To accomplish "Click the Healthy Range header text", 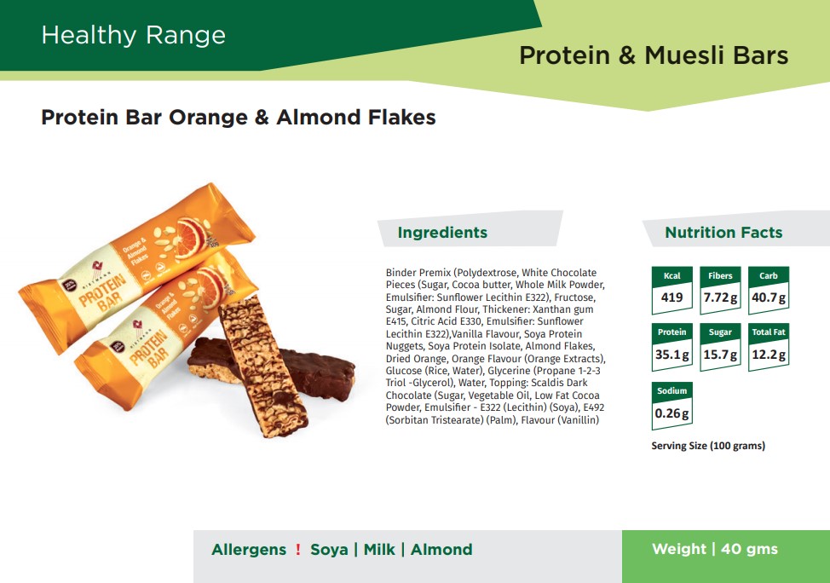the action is coord(134,36).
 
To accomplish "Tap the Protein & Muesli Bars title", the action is coord(654,55).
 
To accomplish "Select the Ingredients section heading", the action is coord(442,233).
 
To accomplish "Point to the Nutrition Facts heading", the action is coord(723,233).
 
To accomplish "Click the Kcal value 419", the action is coord(671,297).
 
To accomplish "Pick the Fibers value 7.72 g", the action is coord(720,297).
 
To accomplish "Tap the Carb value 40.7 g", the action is coord(769,297).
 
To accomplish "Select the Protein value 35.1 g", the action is coord(671,355).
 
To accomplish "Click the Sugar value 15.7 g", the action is coord(720,355).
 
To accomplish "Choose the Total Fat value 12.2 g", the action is coord(769,355).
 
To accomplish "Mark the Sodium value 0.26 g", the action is coord(671,413).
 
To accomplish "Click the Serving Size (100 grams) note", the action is coord(708,446).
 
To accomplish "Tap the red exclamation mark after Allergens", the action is coord(298,550).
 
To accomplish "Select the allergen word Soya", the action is coord(329,550).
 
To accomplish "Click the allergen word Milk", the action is coord(379,550).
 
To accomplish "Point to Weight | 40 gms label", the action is coord(715,549).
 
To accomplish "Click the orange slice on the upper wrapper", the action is coord(191,237).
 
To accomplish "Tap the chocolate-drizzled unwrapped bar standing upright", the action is coord(263,366).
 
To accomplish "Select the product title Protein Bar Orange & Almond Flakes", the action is coord(239,117).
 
